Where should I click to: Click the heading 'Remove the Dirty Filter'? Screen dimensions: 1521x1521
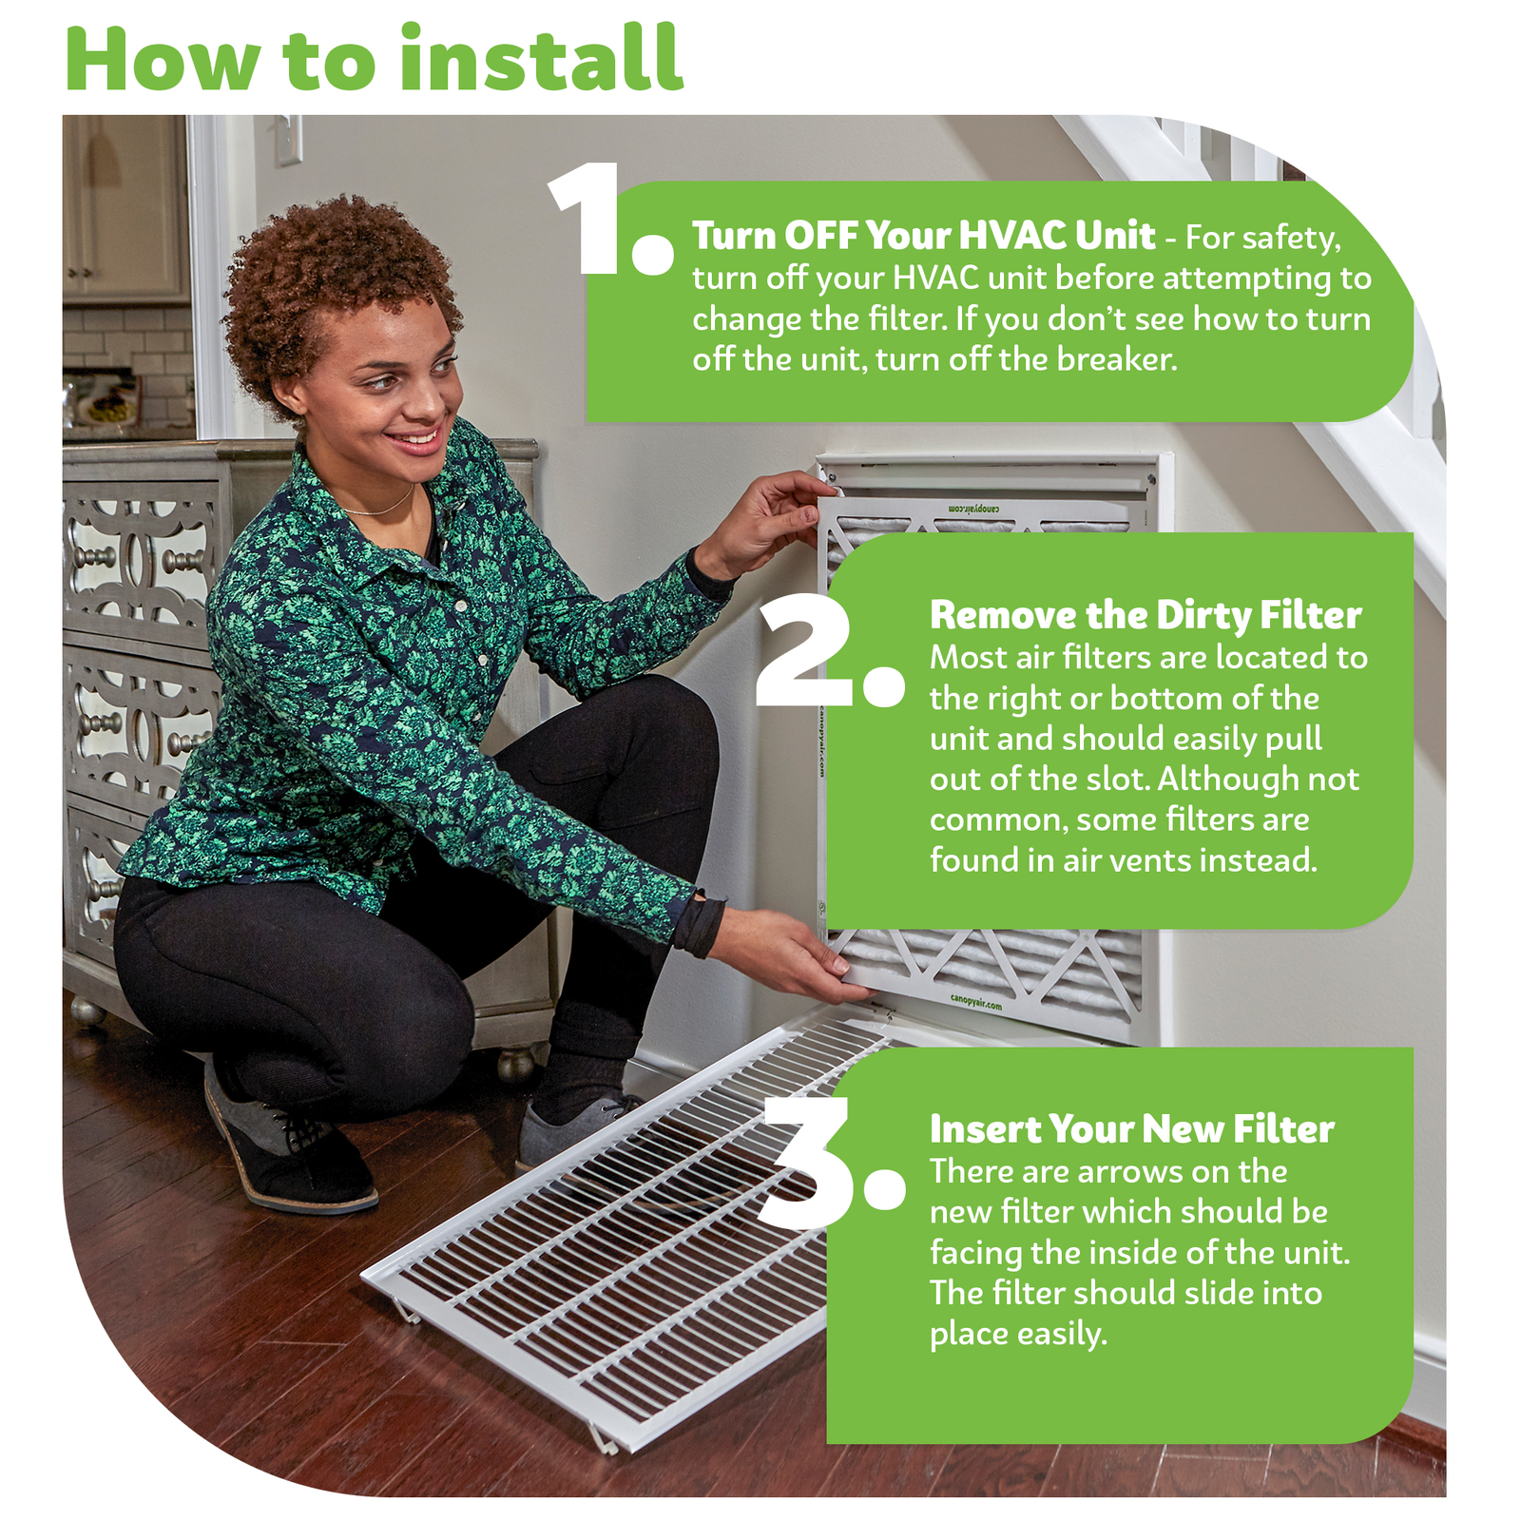1146,615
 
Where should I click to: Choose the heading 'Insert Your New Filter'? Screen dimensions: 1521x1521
1131,1129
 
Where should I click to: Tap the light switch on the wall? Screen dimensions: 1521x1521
288,140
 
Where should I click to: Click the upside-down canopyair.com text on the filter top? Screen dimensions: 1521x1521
975,510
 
